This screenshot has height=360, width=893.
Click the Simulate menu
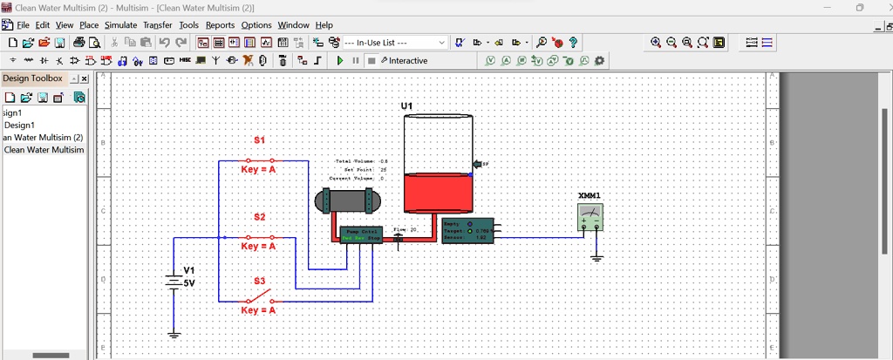point(120,25)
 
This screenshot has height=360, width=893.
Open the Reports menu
point(220,25)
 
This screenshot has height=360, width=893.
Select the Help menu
point(324,25)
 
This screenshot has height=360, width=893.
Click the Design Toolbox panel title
point(32,78)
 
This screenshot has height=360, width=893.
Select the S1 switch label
point(259,139)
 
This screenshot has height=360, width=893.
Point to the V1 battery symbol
point(174,282)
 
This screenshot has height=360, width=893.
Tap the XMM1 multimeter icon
point(590,216)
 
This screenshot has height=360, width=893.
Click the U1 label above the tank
point(407,106)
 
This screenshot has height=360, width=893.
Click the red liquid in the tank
point(438,194)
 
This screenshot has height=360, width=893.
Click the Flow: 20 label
point(406,229)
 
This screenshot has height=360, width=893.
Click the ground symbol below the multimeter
point(596,257)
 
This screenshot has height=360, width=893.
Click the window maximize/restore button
point(859,7)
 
